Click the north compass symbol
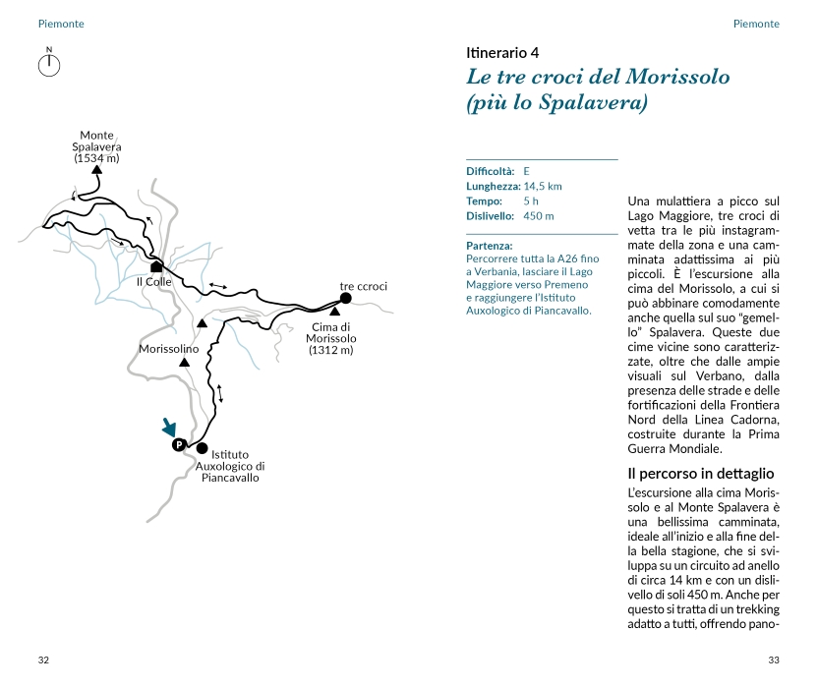pos(49,65)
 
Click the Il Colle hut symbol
pos(155,265)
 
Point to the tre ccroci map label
pos(364,286)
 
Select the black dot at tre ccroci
pos(345,298)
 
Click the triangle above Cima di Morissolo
pos(334,312)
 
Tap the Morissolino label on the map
pos(169,349)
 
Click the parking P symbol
pos(179,445)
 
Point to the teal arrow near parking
pos(170,428)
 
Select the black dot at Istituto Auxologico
pos(203,448)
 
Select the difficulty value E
pos(527,171)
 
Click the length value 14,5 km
pos(543,186)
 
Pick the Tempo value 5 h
pos(531,201)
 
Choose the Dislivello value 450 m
pos(539,215)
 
